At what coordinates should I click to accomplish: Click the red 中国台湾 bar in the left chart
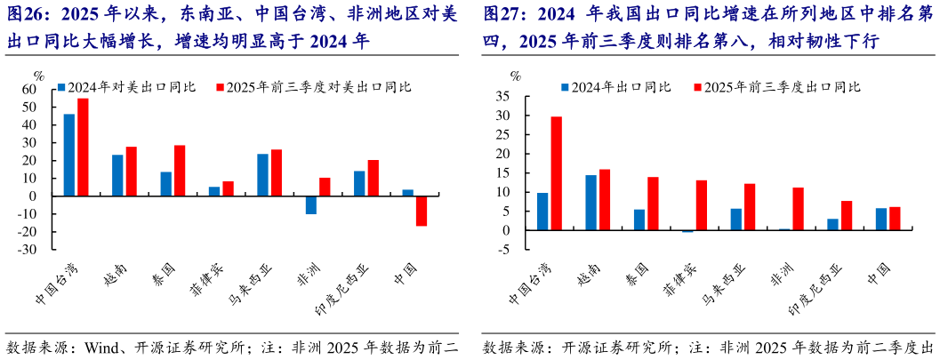click(83, 147)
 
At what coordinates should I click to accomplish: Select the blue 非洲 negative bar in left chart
click(311, 204)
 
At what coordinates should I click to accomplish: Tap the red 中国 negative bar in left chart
click(422, 211)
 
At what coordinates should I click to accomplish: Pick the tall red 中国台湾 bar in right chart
click(556, 173)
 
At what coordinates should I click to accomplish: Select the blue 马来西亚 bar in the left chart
click(262, 175)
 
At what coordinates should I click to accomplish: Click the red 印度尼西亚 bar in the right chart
click(847, 216)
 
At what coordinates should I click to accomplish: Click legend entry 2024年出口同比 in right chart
click(614, 87)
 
